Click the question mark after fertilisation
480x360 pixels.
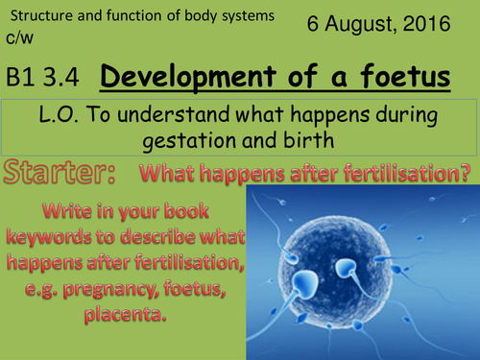[x=465, y=175]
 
